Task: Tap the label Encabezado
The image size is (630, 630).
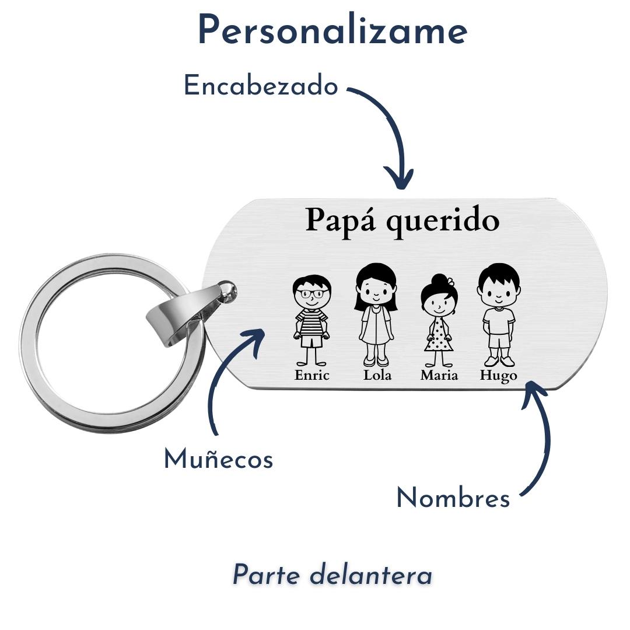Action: click(x=261, y=86)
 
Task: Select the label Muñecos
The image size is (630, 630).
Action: click(x=218, y=459)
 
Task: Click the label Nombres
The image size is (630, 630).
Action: click(x=453, y=498)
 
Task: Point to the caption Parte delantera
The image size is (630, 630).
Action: click(x=332, y=575)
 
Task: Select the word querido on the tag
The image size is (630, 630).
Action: click(x=443, y=222)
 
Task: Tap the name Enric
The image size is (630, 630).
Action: click(x=312, y=375)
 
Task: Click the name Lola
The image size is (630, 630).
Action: click(x=377, y=375)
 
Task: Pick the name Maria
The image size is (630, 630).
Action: click(x=439, y=375)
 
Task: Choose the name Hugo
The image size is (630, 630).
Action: click(x=498, y=376)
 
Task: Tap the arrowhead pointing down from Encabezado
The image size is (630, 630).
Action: click(x=400, y=178)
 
